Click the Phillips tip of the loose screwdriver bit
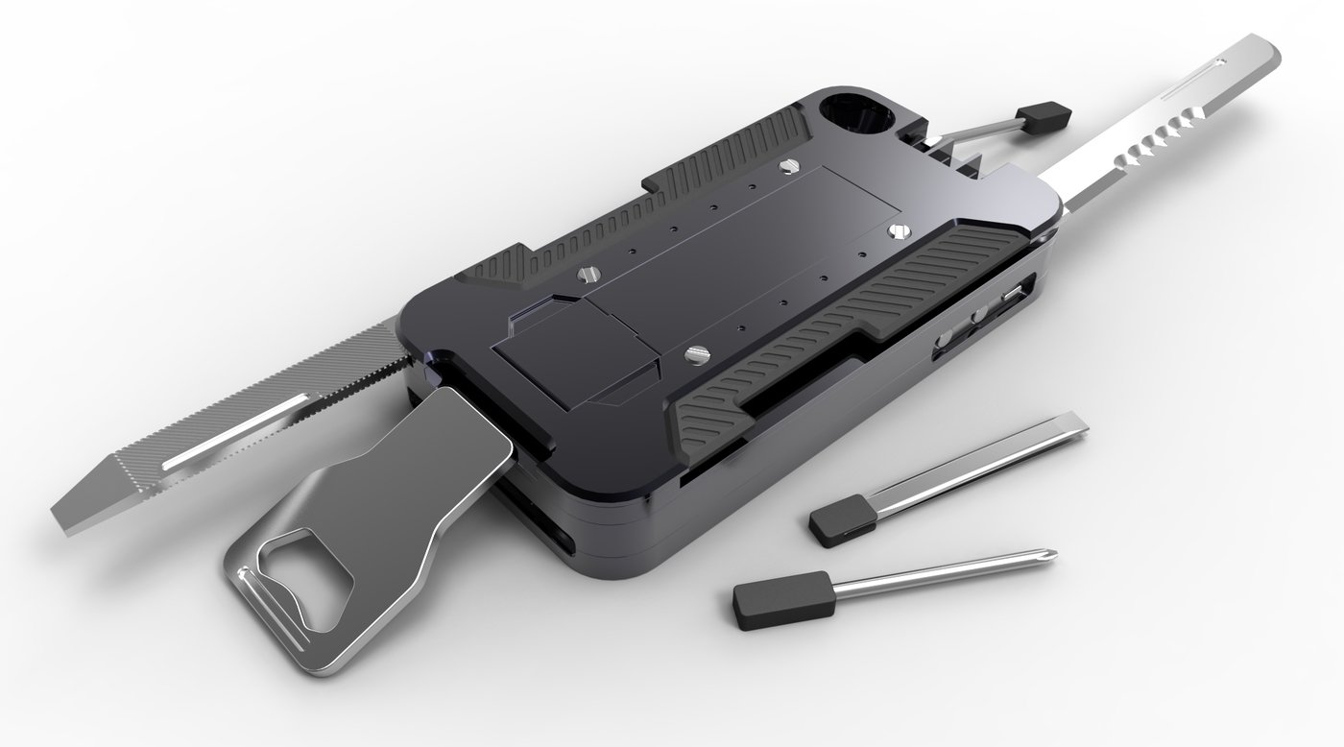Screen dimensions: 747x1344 tap(1046, 556)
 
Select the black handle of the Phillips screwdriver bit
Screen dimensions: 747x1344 tap(769, 596)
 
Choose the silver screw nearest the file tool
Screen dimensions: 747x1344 tap(584, 276)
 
